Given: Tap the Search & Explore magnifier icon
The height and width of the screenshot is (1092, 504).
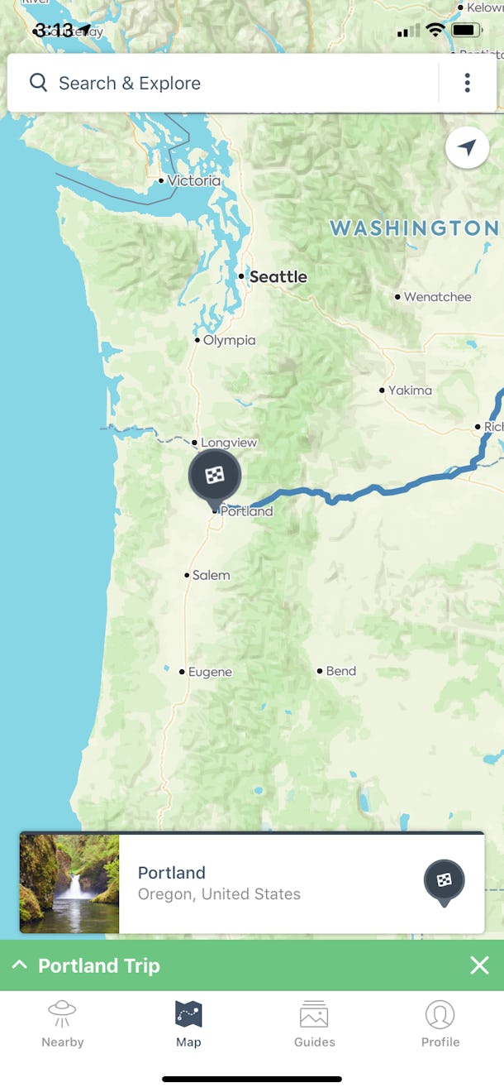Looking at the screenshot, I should pos(38,83).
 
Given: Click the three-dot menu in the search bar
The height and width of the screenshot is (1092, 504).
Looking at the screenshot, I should pos(468,83).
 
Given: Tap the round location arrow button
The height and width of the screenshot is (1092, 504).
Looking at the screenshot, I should pos(467,148).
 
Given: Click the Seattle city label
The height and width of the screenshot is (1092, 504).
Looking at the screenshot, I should pos(278,277).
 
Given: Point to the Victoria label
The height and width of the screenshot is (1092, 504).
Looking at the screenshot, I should pos(193,180).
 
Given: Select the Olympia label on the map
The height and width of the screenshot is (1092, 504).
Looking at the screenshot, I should pos(229,340).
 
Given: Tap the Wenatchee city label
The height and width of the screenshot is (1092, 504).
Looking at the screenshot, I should pos(437,297).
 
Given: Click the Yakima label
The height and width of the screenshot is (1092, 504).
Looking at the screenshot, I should pos(410,390).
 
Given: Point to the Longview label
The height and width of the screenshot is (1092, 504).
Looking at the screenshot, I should pos(229,443).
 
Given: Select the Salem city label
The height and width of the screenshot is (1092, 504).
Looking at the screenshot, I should pos(211,575).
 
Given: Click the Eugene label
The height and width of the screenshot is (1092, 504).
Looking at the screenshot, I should pos(210,672).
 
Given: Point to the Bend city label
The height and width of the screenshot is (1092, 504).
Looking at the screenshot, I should pos(340,671).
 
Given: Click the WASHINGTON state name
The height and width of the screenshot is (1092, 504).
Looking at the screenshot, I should pos(414,228).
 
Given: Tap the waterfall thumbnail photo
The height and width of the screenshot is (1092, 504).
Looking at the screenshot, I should pos(69,883).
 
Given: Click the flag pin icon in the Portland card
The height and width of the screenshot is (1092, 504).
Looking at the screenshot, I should pos(445,881).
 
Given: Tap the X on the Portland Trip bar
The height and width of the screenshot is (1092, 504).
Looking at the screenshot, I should pos(479,965).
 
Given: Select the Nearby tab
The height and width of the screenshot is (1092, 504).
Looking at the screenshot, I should pos(63,1024).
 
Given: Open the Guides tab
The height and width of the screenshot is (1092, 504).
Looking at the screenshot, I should pos(315,1024).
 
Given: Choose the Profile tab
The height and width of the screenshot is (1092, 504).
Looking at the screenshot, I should pos(440,1024).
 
